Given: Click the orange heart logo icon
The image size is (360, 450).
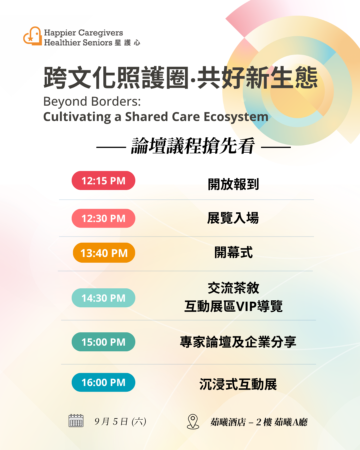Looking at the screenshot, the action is (x=33, y=36).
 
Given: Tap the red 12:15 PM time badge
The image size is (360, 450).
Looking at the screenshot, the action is (x=103, y=180).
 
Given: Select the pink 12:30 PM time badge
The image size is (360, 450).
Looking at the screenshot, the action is (x=103, y=218).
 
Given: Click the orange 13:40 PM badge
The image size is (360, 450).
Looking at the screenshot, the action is (x=104, y=253).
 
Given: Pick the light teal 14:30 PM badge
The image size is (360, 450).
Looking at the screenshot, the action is (x=103, y=298).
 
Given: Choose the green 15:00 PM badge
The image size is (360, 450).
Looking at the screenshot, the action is (x=103, y=342).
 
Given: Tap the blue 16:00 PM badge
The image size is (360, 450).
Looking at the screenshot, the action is (x=103, y=382).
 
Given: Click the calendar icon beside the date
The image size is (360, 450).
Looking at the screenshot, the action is (x=76, y=421).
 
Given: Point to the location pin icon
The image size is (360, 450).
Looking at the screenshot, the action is (x=193, y=422).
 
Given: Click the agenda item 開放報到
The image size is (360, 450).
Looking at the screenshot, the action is (x=233, y=184).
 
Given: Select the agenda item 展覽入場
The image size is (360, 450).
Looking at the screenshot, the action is (x=233, y=218).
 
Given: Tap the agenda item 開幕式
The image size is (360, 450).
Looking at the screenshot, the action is (x=233, y=252).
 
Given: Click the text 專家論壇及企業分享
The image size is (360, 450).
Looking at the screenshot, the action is (x=238, y=342).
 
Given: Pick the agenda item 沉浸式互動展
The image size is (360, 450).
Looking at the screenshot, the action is (x=238, y=384).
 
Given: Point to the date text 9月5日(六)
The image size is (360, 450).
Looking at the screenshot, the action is (x=120, y=422).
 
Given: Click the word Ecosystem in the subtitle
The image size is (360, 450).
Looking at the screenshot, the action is (x=236, y=117).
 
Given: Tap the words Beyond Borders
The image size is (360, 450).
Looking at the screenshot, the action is (x=92, y=102).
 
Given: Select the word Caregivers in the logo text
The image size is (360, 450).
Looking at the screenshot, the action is (x=101, y=33).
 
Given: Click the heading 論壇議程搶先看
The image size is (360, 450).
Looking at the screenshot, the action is (x=193, y=146).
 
